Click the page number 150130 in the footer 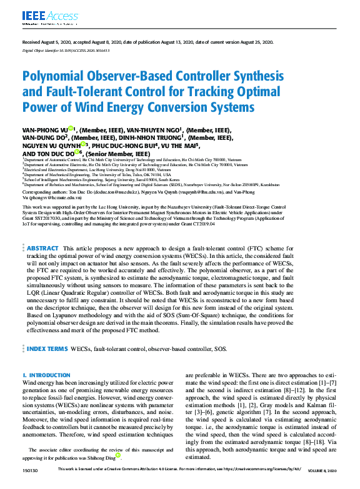29,484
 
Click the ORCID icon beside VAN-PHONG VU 71,127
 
